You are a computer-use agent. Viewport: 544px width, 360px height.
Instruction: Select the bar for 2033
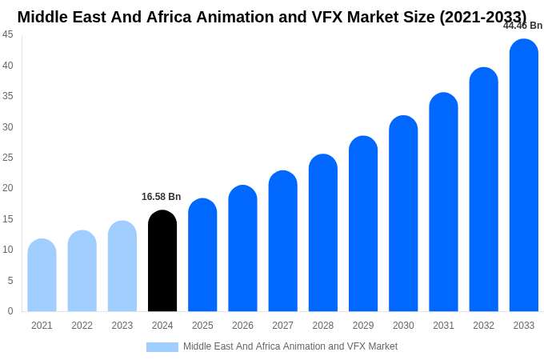[x=524, y=175]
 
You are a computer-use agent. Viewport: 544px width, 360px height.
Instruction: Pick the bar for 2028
[x=323, y=233]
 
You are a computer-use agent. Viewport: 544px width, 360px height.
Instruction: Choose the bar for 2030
[x=403, y=214]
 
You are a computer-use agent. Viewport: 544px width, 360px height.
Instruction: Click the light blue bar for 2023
[x=122, y=266]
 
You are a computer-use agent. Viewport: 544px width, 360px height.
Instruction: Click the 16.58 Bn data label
[x=162, y=197]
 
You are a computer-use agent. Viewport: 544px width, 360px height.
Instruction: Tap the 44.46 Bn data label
[x=522, y=26]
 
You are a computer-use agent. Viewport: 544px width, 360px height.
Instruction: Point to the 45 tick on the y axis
[x=8, y=34]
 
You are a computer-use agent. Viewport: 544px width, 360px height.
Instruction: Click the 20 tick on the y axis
[x=8, y=188]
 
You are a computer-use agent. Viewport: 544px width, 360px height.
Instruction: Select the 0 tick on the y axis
[x=10, y=311]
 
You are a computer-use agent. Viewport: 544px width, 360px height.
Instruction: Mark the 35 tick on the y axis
[x=8, y=96]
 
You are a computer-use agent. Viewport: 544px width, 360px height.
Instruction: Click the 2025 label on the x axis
[x=202, y=326]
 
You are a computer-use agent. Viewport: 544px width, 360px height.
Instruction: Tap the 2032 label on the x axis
[x=483, y=326]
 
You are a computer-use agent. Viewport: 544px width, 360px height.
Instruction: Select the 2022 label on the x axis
[x=82, y=326]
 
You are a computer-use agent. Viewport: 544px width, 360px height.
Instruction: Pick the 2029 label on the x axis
[x=363, y=326]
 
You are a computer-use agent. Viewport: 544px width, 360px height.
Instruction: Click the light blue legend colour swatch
[x=162, y=347]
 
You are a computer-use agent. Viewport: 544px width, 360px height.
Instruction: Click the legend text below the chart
[x=290, y=346]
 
